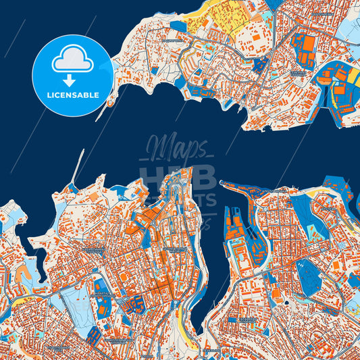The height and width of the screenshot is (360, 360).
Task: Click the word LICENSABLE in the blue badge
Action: tap(73, 95)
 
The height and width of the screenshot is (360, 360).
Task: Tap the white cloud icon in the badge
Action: tap(72, 60)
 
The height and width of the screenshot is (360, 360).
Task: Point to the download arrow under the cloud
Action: tap(72, 80)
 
